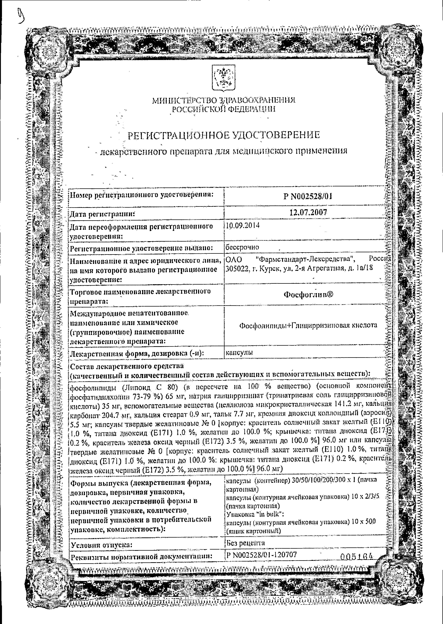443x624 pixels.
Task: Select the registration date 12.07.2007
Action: click(308, 213)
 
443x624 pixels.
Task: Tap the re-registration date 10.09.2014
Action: click(243, 226)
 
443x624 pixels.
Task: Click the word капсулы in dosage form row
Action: click(239, 352)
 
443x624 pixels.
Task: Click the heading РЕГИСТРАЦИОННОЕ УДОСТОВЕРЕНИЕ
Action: click(224, 135)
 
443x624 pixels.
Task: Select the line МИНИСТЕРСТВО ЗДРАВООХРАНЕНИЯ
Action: click(224, 101)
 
